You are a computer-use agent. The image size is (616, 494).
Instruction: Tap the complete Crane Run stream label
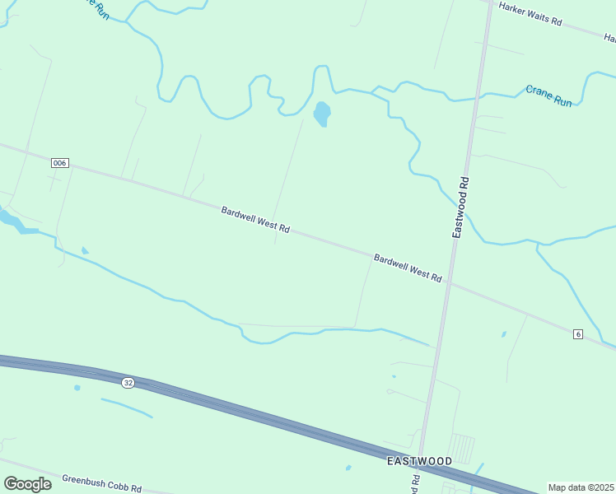click(x=548, y=96)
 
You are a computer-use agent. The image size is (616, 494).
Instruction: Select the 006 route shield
click(x=58, y=163)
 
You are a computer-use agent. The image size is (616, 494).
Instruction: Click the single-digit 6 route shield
click(x=579, y=333)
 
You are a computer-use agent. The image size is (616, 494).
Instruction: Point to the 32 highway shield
click(x=128, y=383)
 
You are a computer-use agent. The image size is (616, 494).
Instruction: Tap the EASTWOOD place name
click(x=419, y=461)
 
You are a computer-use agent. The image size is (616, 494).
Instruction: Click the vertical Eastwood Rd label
click(x=462, y=207)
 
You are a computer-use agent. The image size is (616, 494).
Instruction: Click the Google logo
click(x=27, y=484)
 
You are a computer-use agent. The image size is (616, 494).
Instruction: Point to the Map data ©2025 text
click(x=581, y=487)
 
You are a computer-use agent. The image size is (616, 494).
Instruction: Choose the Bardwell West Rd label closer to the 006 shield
click(x=255, y=220)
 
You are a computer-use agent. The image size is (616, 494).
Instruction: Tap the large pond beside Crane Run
click(x=322, y=113)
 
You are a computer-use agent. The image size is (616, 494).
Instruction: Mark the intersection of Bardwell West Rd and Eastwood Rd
click(x=449, y=285)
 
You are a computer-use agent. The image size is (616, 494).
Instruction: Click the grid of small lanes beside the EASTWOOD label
click(x=463, y=447)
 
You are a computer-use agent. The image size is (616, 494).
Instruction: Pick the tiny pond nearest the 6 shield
click(x=504, y=334)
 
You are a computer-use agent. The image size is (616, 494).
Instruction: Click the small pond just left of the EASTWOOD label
click(x=348, y=468)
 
